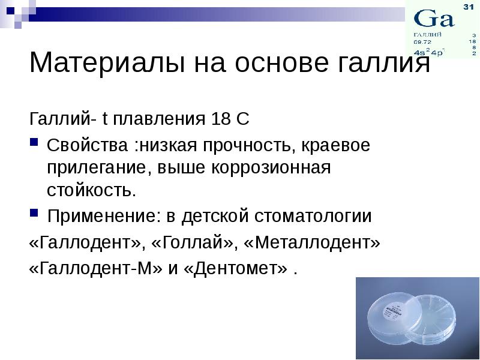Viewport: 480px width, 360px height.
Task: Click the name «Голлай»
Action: [x=192, y=242]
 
